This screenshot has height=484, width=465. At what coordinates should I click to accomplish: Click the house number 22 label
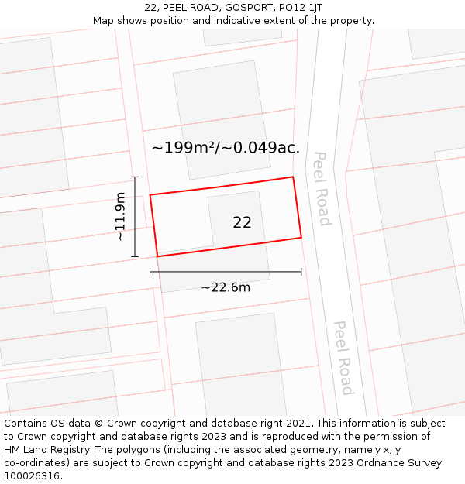tap(242, 222)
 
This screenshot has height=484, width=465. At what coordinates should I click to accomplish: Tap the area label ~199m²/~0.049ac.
tap(226, 147)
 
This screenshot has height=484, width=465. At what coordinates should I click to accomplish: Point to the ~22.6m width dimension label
tap(226, 287)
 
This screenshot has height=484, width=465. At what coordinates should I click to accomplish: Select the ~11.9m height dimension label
tap(120, 217)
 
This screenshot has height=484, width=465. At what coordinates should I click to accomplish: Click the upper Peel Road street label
tap(322, 188)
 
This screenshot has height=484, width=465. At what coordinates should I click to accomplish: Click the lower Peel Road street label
tap(343, 357)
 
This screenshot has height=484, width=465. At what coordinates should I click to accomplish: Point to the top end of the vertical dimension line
tap(135, 177)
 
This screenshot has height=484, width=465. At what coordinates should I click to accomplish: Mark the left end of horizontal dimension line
tap(150, 272)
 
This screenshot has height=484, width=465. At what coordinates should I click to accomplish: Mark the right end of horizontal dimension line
tap(301, 272)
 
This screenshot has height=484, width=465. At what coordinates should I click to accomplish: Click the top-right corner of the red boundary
tap(293, 177)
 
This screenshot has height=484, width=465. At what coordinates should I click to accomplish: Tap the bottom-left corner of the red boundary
tap(157, 256)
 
